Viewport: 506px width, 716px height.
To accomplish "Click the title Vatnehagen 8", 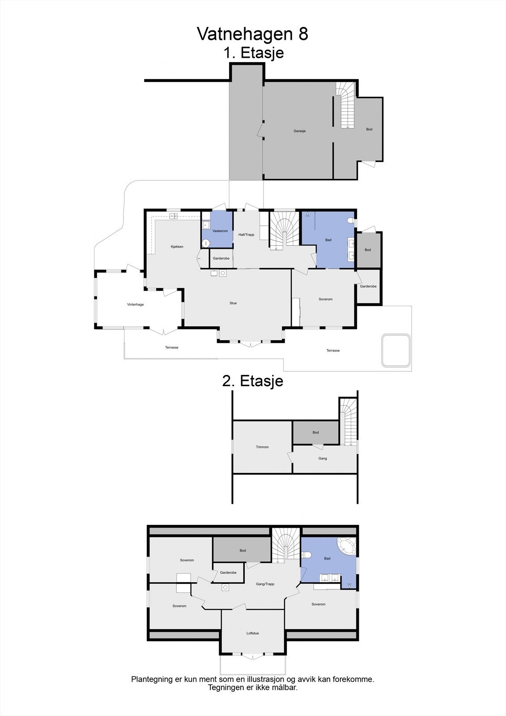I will [252, 34].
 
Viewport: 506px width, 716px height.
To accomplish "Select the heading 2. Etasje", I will [253, 381].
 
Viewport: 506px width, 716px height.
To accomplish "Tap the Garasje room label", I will [299, 131].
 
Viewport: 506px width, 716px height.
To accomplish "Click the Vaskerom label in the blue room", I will [220, 231].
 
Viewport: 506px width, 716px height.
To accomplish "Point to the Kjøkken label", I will [177, 247].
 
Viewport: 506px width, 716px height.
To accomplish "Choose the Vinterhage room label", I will [136, 304].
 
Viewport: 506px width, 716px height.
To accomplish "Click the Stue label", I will [233, 303].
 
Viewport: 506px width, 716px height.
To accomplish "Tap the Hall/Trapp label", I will [246, 234].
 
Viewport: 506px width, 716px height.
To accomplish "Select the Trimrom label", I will [262, 447].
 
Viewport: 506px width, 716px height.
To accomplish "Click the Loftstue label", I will [253, 633].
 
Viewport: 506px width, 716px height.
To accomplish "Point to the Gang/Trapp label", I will [265, 584].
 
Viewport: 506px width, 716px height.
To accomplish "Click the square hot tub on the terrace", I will [395, 350].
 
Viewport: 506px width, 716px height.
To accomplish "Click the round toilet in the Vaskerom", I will [205, 243].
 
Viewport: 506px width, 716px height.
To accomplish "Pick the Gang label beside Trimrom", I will [323, 458].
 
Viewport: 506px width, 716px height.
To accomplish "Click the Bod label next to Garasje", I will [369, 129].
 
